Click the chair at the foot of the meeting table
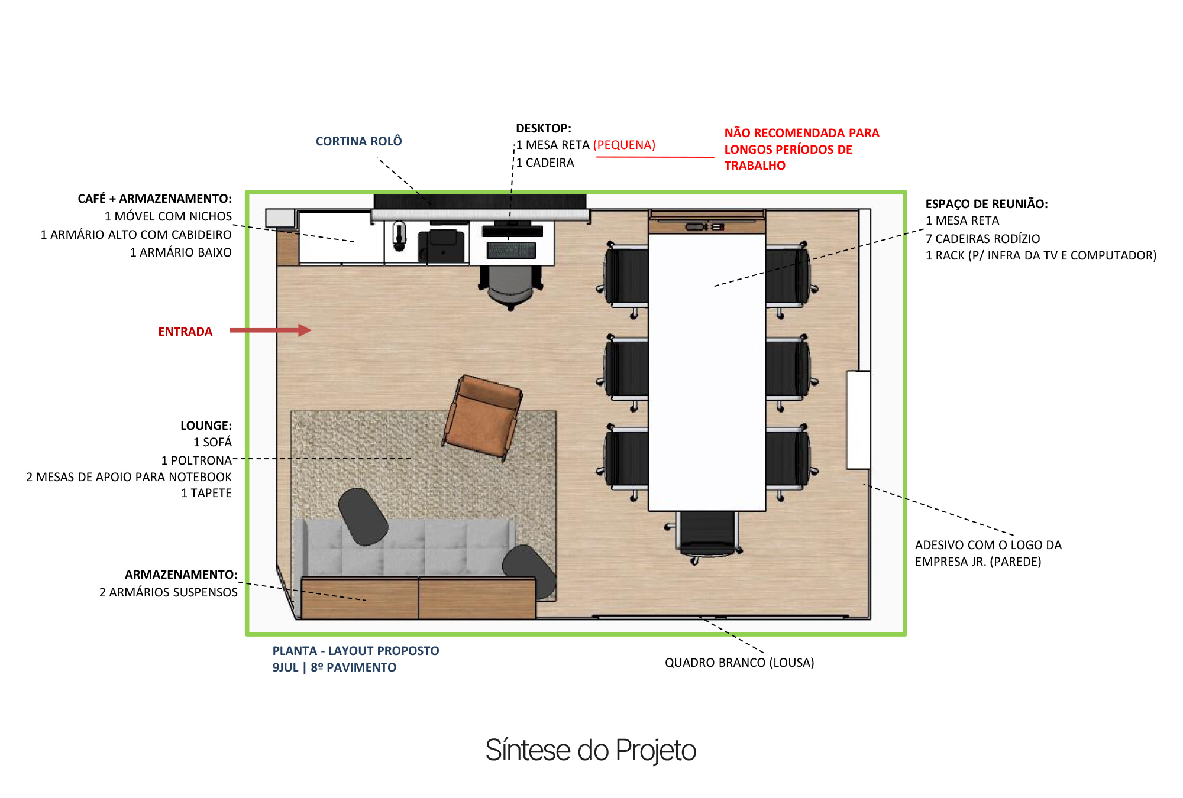pos(707,535)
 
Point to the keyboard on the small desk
pos(511,251)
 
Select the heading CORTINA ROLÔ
pos(358,141)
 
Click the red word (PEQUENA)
pos(624,145)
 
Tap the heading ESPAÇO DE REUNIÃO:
pos(986,204)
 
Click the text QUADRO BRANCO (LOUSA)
pos(739,663)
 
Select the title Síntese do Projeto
pos(590,750)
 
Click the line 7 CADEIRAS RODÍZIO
pos(982,239)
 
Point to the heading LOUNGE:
pos(206,426)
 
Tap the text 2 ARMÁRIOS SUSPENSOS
pos(168,592)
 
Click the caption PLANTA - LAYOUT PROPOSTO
pos(355,651)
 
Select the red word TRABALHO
pos(755,166)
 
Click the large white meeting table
pos(707,372)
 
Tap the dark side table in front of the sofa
pos(363,516)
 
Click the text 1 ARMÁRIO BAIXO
pos(180,252)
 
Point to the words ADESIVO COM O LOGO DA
pos(988,545)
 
